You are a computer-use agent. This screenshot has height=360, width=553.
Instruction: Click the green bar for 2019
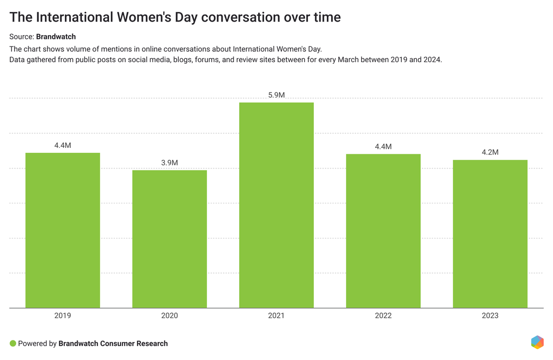click(x=63, y=230)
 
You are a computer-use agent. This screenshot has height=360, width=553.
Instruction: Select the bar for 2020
click(x=170, y=239)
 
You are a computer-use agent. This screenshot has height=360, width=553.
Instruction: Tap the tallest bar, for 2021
click(x=276, y=205)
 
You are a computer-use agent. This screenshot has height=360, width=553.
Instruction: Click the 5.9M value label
click(x=276, y=95)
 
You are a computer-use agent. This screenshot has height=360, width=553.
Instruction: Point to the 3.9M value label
click(x=170, y=162)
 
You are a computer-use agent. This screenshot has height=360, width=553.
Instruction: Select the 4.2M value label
click(x=490, y=152)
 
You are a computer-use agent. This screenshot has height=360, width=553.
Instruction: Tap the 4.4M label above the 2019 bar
click(x=63, y=145)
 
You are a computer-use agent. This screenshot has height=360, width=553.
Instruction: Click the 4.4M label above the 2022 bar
click(x=383, y=146)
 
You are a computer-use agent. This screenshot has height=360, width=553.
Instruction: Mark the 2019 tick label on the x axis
click(x=63, y=315)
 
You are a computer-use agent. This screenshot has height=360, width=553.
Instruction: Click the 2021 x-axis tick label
click(x=276, y=315)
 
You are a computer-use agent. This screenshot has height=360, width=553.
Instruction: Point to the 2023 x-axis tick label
click(x=490, y=315)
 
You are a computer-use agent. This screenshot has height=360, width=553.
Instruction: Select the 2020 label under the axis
click(x=170, y=315)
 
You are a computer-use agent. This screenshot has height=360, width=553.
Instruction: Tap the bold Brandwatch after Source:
click(x=56, y=37)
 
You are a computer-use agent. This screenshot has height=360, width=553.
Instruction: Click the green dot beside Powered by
click(x=13, y=343)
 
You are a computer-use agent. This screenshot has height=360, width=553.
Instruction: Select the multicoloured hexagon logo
click(x=537, y=342)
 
